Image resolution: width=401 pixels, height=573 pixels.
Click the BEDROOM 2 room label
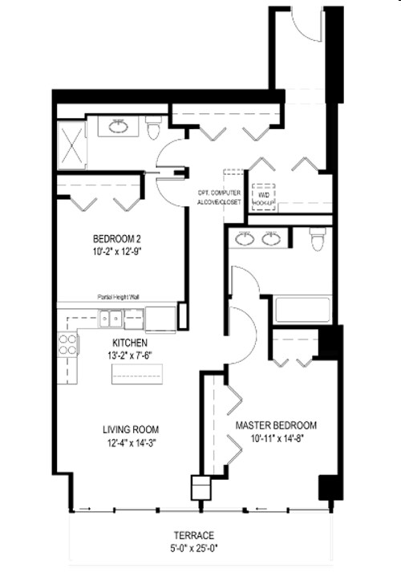[118, 238]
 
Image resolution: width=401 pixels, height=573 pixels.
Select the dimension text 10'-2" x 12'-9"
[118, 250]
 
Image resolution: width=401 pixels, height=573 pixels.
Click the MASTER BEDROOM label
[275, 425]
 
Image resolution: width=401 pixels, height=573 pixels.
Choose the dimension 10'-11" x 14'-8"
[275, 437]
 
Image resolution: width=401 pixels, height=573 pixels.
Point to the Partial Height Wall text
[119, 296]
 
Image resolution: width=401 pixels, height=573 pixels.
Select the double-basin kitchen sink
[119, 319]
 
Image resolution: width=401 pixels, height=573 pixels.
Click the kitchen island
[136, 373]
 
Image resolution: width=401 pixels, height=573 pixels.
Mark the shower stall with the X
[71, 144]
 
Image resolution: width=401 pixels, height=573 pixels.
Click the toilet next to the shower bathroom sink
[154, 128]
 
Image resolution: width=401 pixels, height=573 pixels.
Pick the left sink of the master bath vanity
[246, 238]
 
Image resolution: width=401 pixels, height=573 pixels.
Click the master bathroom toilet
[318, 238]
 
